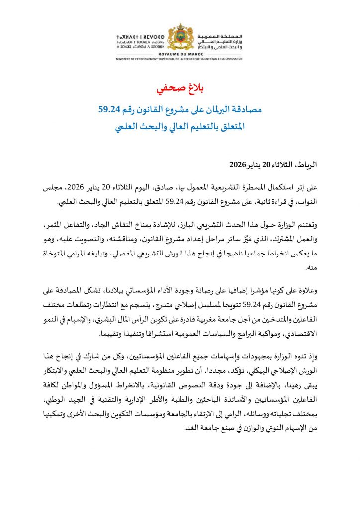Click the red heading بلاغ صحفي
tap(180, 90)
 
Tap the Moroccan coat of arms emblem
tap(180, 40)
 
